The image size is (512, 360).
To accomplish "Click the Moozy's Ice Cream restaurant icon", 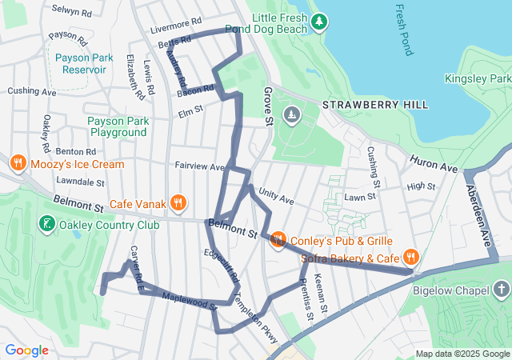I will tap(17, 163).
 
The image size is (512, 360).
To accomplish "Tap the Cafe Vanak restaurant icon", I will tap(179, 203).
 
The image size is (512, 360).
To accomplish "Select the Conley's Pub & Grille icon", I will tap(278, 239).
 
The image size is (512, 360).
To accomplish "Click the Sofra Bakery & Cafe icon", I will tap(410, 257).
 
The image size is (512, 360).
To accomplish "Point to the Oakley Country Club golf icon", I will tap(46, 224).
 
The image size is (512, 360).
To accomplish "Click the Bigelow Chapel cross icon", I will tap(501, 290).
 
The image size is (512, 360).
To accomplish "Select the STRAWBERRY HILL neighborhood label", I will tap(374, 105).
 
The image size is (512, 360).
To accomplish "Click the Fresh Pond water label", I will tap(402, 29).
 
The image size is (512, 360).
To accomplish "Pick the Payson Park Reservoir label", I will tap(80, 63).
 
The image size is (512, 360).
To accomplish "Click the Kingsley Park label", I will tap(478, 79).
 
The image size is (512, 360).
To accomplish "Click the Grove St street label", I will tap(268, 106).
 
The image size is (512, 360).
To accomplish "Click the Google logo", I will tap(26, 350).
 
